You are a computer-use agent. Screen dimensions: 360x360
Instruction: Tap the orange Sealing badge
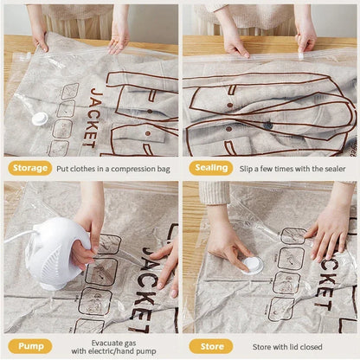pyautogui.click(x=211, y=168)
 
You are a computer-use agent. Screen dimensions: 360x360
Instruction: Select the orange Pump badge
pyautogui.click(x=30, y=345)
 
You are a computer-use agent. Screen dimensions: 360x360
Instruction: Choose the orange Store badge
pyautogui.click(x=212, y=345)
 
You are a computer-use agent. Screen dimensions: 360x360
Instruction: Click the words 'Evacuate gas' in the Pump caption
pyautogui.click(x=111, y=339)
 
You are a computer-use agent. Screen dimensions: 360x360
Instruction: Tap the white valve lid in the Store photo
pyautogui.click(x=252, y=265)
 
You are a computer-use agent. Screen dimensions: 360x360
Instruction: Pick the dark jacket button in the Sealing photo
pyautogui.click(x=268, y=125)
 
